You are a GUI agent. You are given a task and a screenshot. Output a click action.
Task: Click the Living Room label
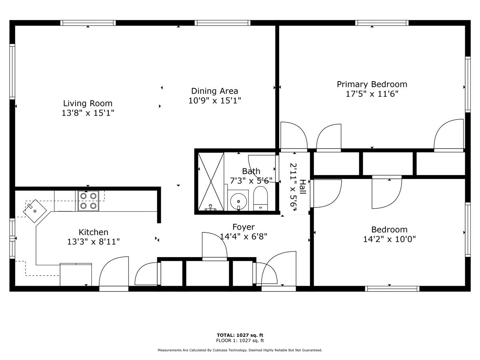pyautogui.click(x=88, y=103)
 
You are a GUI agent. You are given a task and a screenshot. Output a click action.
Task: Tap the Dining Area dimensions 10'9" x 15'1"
pyautogui.click(x=214, y=100)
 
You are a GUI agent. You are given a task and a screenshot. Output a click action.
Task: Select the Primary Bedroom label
pyautogui.click(x=372, y=84)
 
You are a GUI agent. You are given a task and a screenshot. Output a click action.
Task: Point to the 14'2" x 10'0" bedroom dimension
pyautogui.click(x=390, y=239)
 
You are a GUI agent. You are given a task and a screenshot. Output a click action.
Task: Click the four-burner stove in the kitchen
pyautogui.click(x=88, y=201)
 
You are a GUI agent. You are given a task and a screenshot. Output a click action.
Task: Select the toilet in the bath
pyautogui.click(x=260, y=199)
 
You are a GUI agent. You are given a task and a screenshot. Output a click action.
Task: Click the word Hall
pyautogui.click(x=303, y=187)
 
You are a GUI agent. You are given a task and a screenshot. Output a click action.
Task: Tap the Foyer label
pyautogui.click(x=243, y=227)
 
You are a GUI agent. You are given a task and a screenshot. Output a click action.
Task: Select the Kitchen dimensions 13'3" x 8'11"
pyautogui.click(x=93, y=242)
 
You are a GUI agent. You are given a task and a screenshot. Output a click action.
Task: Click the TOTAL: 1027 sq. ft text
pyautogui.click(x=240, y=335)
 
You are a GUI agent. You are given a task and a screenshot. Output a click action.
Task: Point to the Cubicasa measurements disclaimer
pyautogui.click(x=240, y=350)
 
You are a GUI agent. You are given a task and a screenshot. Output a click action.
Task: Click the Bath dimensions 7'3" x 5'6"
pyautogui.click(x=251, y=180)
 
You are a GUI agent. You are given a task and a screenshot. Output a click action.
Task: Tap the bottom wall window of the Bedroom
pyautogui.click(x=392, y=288)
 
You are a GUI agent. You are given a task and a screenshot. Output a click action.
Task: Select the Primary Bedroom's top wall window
pyautogui.click(x=382, y=23)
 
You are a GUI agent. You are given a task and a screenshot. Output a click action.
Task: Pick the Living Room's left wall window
pyautogui.click(x=12, y=72)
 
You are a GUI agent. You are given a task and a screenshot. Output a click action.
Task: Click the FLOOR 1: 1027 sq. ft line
pyautogui.click(x=240, y=340)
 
